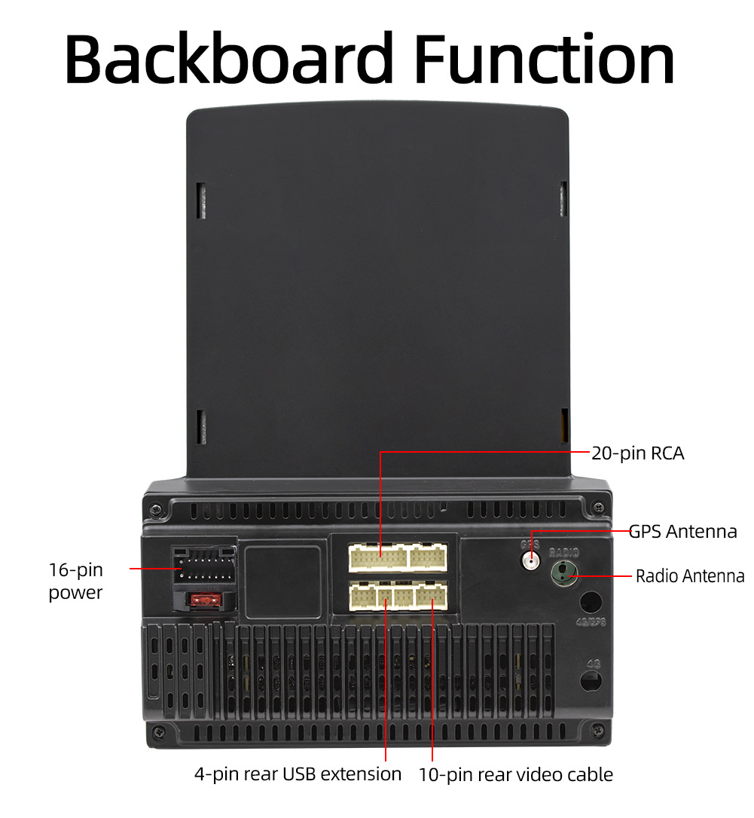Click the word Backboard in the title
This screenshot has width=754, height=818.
tap(229, 59)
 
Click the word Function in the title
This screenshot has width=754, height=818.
tap(545, 59)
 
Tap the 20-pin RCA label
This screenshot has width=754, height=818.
tap(637, 453)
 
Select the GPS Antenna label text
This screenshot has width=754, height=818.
tap(682, 531)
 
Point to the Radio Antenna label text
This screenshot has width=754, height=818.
tap(690, 576)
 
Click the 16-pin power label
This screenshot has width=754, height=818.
tap(75, 581)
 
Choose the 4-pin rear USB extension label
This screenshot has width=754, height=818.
tap(298, 774)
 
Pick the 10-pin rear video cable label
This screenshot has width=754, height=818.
tap(516, 774)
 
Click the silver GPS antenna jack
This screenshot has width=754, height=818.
tap(532, 560)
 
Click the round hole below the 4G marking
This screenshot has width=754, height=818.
tap(591, 680)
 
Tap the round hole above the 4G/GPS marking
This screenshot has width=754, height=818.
tap(591, 602)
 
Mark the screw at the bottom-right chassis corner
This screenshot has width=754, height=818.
tap(598, 730)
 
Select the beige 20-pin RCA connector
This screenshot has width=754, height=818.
tap(379, 558)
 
